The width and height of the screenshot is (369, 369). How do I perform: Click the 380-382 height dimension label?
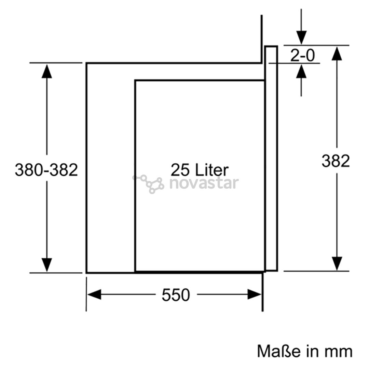click(x=46, y=170)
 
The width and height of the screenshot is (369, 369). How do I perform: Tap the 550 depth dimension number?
click(x=176, y=295)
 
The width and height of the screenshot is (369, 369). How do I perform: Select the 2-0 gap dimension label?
click(x=302, y=55)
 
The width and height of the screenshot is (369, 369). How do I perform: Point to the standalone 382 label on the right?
click(x=336, y=161)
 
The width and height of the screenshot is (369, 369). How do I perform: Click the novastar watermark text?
click(x=204, y=183)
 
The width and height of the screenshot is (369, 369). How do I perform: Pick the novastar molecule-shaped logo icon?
click(x=148, y=184)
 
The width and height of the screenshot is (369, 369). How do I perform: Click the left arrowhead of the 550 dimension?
click(x=94, y=295)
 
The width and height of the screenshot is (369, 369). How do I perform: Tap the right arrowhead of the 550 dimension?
click(x=255, y=295)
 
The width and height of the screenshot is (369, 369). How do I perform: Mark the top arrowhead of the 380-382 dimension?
click(x=46, y=71)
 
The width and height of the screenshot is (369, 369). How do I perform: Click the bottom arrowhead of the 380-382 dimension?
click(x=46, y=265)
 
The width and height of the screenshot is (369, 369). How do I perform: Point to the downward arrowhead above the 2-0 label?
click(x=301, y=38)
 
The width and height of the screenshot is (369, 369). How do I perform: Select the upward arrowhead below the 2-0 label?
click(x=301, y=71)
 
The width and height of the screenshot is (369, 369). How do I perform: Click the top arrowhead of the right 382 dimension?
click(x=337, y=54)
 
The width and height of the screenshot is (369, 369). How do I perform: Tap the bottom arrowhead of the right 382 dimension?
click(x=337, y=263)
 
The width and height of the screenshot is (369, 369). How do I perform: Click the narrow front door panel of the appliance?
click(x=271, y=159)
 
